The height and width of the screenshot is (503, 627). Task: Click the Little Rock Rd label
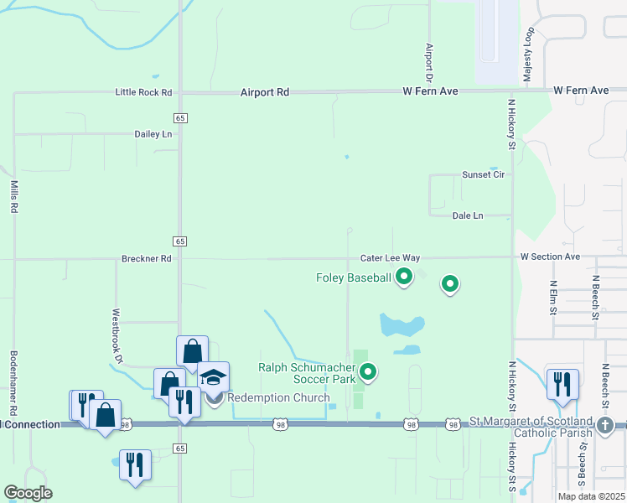(x=143, y=92)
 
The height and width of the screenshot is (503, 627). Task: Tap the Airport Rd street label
(x=264, y=92)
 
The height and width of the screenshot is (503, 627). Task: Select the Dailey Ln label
(x=153, y=134)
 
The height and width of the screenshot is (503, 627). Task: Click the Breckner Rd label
(x=146, y=259)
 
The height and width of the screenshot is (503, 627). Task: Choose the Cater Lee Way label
(x=390, y=259)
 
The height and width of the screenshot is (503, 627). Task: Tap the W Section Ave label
(x=550, y=257)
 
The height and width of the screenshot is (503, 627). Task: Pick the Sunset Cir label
(x=484, y=174)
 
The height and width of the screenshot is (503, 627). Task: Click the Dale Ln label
(x=468, y=215)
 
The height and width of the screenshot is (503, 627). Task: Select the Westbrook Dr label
(x=117, y=336)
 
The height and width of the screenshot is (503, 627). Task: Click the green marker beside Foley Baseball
(x=404, y=276)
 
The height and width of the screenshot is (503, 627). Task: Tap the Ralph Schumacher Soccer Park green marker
(x=366, y=370)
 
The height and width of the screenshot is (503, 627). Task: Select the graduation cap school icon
(x=214, y=377)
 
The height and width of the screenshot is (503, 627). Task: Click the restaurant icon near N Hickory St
(x=562, y=384)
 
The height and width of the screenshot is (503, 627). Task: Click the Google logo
(x=28, y=493)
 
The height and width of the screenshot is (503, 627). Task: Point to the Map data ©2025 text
(x=590, y=496)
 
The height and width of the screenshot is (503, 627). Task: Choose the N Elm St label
(x=553, y=297)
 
